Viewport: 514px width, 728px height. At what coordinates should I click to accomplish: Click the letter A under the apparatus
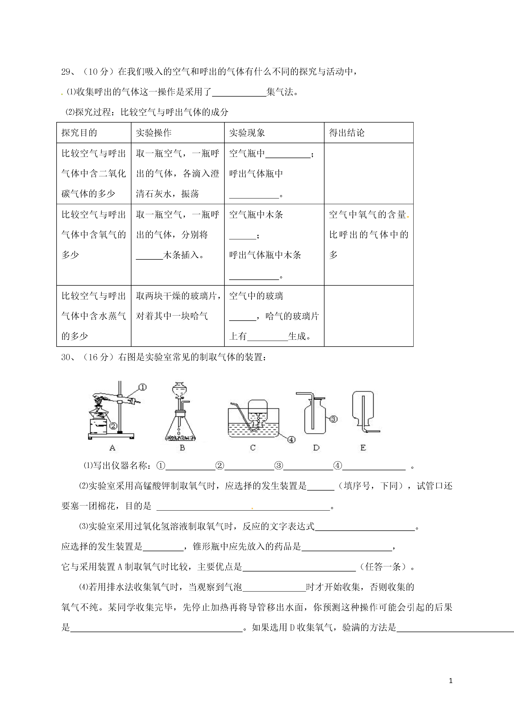112,448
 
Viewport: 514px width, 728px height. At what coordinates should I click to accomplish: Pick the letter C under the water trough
253,448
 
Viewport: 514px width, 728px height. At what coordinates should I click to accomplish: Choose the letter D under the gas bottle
316,448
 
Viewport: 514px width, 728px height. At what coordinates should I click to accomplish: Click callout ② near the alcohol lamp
113,426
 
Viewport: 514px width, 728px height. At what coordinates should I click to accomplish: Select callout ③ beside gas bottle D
334,419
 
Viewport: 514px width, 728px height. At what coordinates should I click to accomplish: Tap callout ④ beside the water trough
291,440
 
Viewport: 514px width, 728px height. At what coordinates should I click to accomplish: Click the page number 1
451,681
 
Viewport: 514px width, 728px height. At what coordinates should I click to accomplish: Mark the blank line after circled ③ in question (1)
308,466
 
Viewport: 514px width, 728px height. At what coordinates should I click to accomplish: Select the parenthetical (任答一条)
385,567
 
